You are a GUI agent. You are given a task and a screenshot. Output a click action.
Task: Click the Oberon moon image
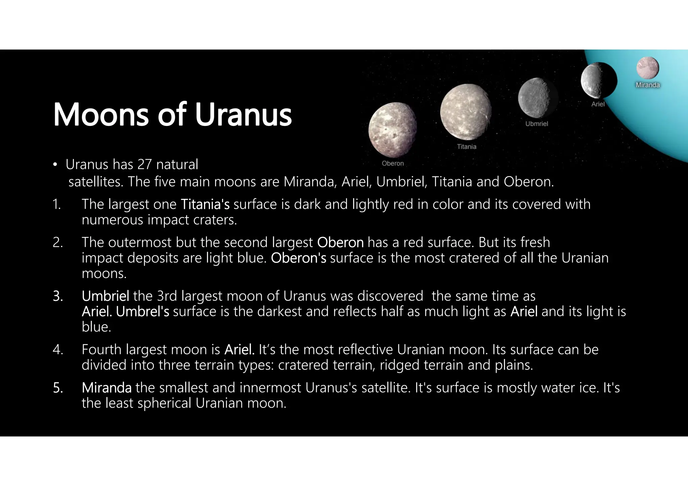pos(393,130)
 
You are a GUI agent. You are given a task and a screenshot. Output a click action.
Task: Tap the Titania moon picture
pos(466,112)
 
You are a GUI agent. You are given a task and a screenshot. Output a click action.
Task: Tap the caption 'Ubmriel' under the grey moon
pos(536,124)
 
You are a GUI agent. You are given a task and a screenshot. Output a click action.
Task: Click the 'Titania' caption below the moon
pos(467,146)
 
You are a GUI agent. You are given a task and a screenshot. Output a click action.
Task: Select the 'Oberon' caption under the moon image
pos(393,163)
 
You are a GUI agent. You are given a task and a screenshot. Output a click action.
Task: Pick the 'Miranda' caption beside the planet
pos(647,85)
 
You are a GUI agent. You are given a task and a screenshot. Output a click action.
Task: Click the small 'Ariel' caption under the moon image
pos(598,104)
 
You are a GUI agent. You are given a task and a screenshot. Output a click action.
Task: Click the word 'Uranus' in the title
pos(243,115)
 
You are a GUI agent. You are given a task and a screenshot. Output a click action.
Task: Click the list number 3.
pos(57,296)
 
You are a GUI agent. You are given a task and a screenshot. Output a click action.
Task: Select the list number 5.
pos(57,388)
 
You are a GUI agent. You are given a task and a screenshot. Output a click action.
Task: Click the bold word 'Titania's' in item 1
pos(205,204)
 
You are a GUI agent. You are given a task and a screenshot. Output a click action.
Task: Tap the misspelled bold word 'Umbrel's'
pos(142,312)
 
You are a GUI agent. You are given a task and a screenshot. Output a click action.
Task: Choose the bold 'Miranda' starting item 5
pos(106,388)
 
